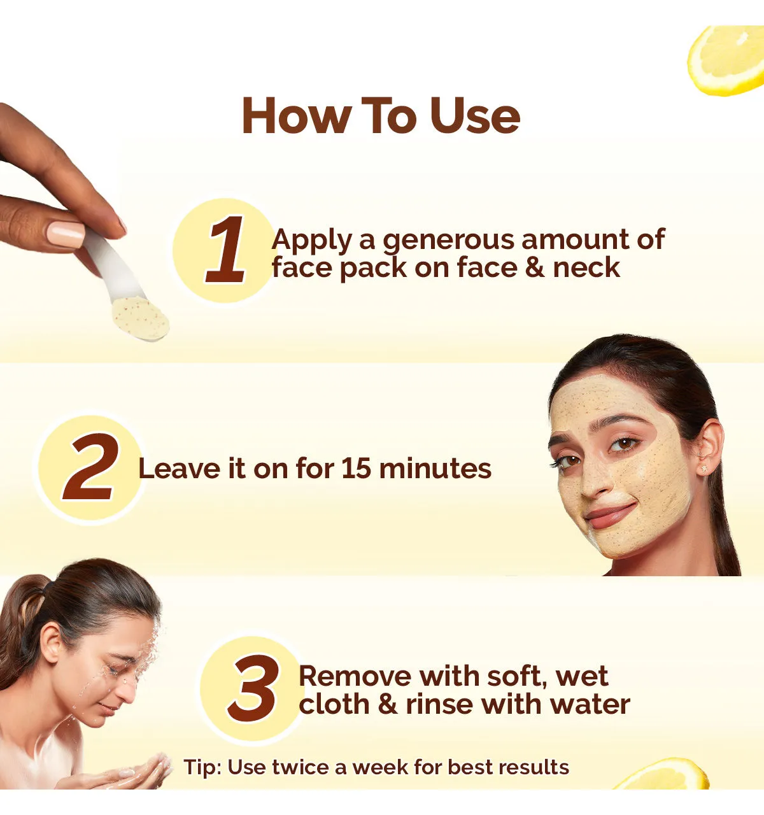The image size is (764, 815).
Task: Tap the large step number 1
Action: tap(227, 250)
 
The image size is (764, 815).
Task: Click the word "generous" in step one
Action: tap(448, 241)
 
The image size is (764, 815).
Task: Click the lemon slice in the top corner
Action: tap(726, 60)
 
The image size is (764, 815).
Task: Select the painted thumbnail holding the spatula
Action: tap(66, 234)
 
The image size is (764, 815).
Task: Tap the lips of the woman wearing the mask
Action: tap(609, 516)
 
